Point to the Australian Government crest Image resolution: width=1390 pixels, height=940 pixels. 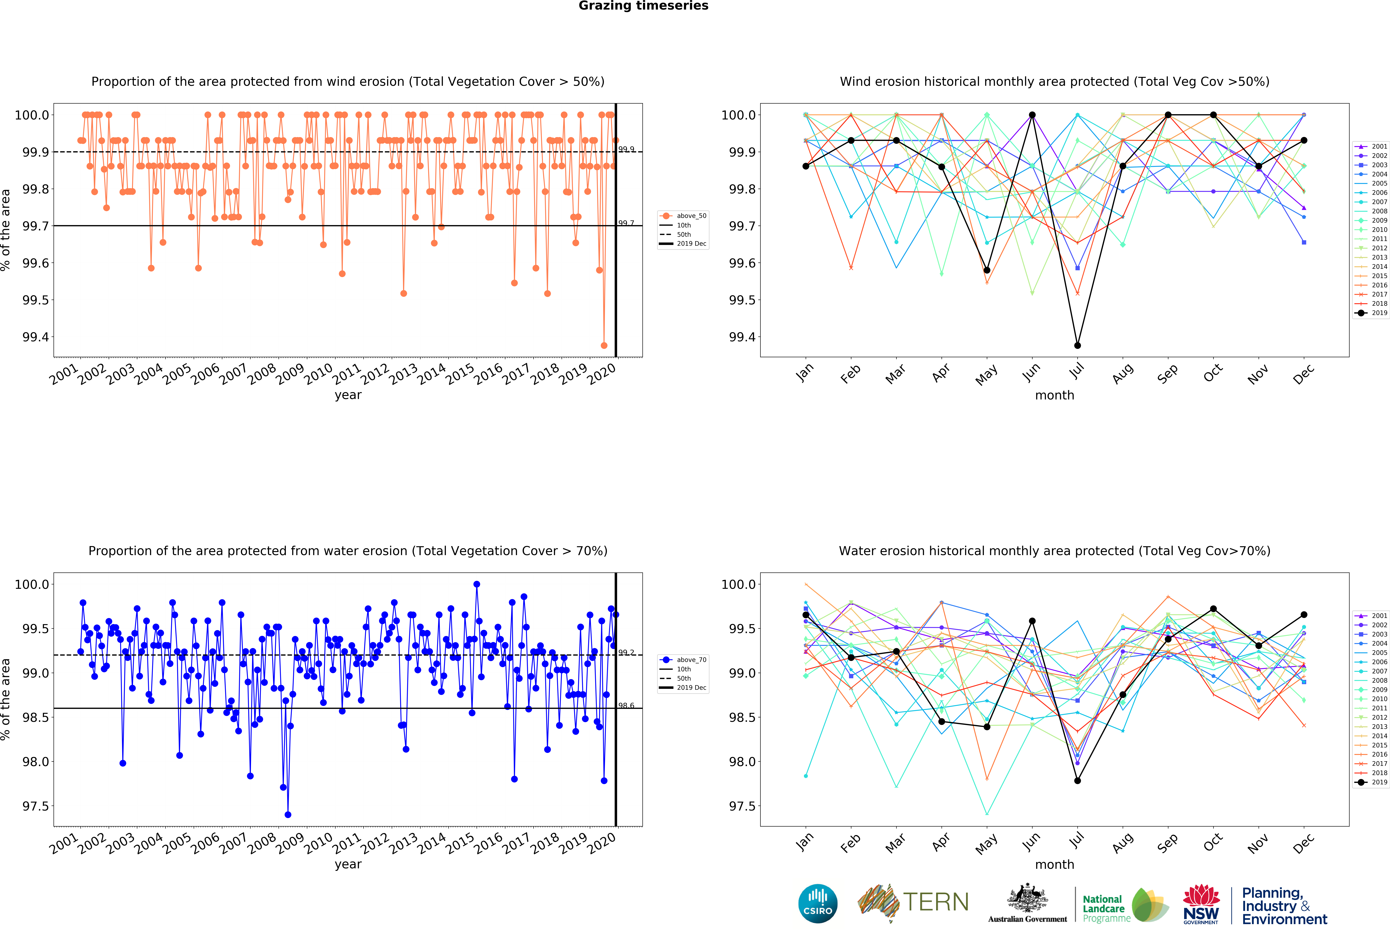1027,897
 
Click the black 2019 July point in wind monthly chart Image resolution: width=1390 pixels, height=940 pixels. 1077,345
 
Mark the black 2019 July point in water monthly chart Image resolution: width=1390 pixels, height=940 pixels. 1077,780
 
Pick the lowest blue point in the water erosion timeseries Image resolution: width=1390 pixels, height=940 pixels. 288,814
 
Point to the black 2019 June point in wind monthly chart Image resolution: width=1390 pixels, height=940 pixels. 1032,115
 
